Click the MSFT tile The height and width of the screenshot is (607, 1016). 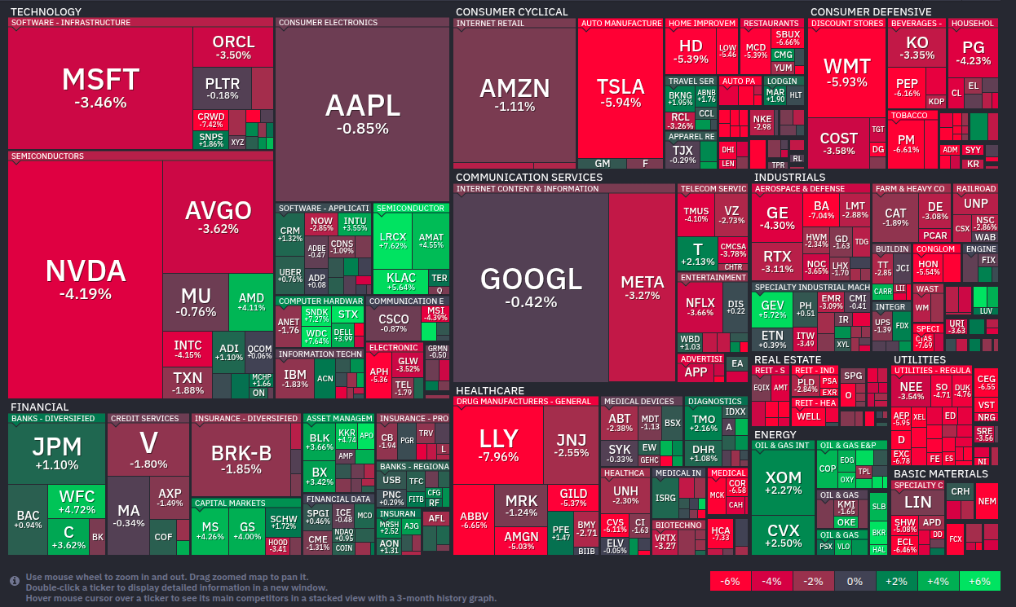point(100,88)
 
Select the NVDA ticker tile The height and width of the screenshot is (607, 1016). point(85,279)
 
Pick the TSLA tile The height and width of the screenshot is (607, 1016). point(620,93)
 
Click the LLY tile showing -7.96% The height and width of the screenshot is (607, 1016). point(498,445)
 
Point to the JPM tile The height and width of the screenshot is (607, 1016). point(56,453)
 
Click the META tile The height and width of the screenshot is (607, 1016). point(642,288)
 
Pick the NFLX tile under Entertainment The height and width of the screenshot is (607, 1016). point(700,307)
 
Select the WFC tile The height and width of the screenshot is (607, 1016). point(77,502)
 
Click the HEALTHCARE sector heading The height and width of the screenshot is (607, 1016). point(489,391)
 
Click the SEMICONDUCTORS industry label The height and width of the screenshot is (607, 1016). point(47,156)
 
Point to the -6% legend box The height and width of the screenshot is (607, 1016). point(731,581)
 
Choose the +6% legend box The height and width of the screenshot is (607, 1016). point(979,581)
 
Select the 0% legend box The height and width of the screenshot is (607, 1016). point(855,581)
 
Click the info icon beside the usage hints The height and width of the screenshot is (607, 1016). point(15,581)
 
